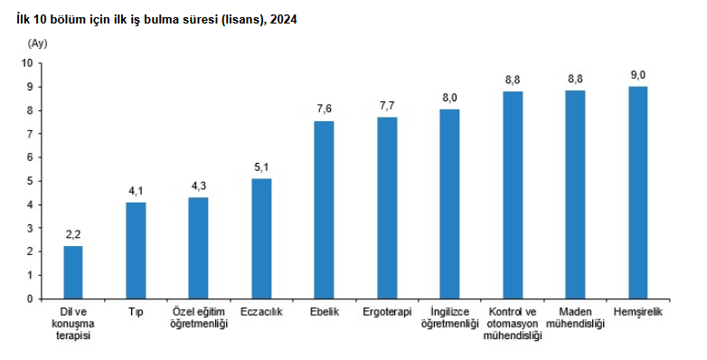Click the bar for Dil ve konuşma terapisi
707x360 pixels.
click(73, 272)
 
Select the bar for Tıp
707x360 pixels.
click(136, 251)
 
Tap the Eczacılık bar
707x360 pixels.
click(261, 239)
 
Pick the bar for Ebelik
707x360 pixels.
click(325, 210)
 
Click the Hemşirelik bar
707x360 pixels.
click(637, 193)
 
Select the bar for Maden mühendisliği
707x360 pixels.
click(575, 194)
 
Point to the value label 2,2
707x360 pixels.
click(73, 235)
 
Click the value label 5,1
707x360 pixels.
click(261, 168)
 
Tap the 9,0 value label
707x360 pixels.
click(637, 75)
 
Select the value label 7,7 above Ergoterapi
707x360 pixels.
click(387, 106)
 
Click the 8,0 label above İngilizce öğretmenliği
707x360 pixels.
click(449, 99)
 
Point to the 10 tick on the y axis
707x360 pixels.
click(27, 63)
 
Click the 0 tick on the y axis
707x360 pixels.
click(30, 298)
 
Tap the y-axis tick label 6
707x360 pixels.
click(30, 157)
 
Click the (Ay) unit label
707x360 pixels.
click(37, 43)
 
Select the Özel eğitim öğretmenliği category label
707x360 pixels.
click(199, 317)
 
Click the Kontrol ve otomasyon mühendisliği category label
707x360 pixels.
click(513, 324)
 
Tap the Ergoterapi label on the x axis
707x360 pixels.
click(387, 312)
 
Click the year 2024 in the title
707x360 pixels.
click(283, 19)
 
